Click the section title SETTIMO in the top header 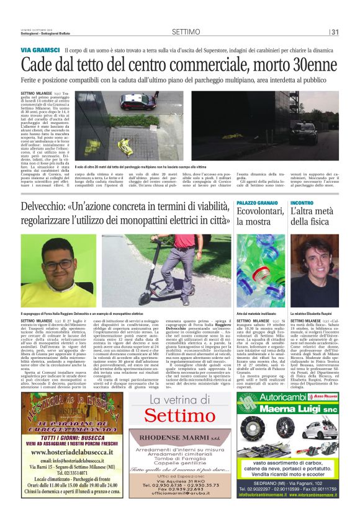(x=186, y=31)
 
